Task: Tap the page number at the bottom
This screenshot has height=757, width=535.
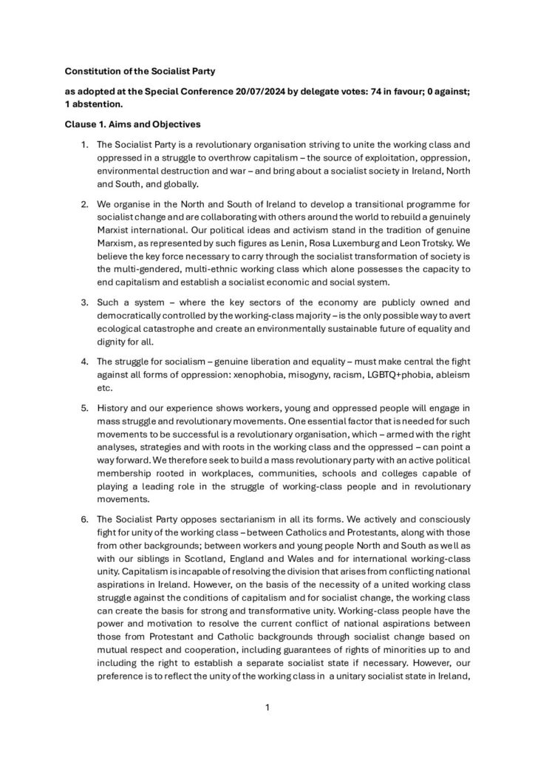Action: pos(267,708)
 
